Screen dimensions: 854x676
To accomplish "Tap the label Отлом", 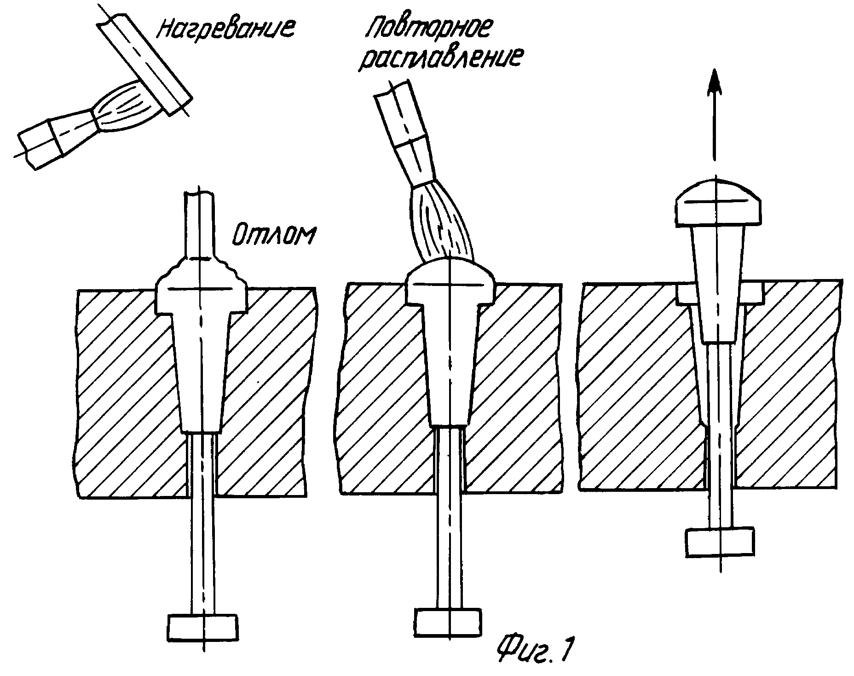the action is pos(273,235).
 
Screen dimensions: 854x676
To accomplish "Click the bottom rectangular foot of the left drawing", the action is pos(203,627).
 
